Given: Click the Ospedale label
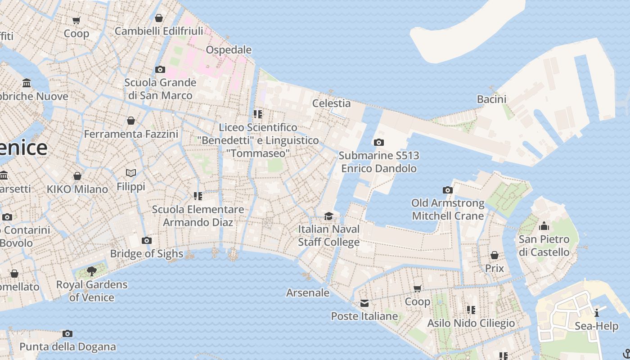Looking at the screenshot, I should [229, 49].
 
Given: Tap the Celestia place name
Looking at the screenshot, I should [331, 103].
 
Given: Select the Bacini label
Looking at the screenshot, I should [491, 99].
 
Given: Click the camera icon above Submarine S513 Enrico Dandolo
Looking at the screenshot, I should [379, 143].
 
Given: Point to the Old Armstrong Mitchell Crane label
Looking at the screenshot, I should [448, 209].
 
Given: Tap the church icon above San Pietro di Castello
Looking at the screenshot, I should [544, 226].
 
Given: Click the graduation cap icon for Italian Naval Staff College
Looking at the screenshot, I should [329, 216].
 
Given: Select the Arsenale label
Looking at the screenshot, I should [308, 292].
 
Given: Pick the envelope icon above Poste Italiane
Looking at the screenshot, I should [364, 303].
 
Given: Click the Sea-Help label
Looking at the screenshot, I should [596, 326].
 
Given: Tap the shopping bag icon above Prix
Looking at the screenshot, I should [494, 256].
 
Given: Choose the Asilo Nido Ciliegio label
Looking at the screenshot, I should [471, 323].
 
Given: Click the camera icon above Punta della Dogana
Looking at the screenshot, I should [67, 333].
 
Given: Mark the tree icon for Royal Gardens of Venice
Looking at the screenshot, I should [92, 271].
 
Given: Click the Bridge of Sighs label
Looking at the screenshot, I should [147, 253].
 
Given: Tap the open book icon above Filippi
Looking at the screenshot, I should [131, 173].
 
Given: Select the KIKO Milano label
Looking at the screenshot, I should [77, 189].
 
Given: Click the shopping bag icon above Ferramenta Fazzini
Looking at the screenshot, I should [131, 121].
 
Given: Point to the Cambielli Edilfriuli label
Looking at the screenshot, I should [159, 31].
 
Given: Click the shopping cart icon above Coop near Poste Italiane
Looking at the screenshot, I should [417, 288].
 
